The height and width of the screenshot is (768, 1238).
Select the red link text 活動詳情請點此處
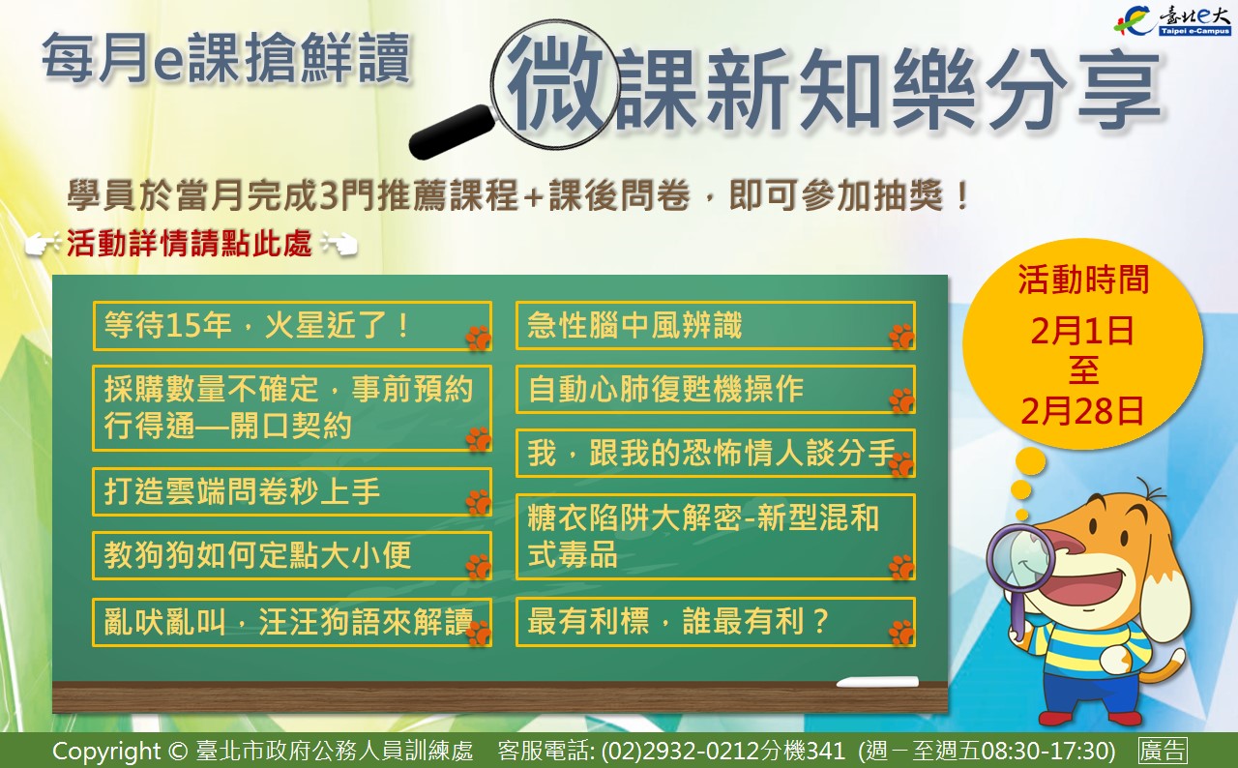(x=190, y=243)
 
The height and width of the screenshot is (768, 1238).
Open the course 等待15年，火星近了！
(x=292, y=325)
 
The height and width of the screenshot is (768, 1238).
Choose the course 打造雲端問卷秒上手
(x=292, y=491)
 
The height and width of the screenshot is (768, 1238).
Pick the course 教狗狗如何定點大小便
(x=292, y=555)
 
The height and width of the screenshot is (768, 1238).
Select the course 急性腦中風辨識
(x=715, y=325)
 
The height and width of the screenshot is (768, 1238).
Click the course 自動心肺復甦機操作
(x=715, y=389)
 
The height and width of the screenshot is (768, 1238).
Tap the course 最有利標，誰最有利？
(x=715, y=622)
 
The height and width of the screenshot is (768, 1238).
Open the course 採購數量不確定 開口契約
(x=292, y=408)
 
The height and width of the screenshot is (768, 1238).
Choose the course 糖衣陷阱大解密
(x=715, y=537)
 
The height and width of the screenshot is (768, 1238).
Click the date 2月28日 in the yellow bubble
(x=1082, y=412)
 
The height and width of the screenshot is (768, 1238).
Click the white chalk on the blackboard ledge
(x=877, y=682)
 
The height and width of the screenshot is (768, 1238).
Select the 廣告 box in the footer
(x=1163, y=751)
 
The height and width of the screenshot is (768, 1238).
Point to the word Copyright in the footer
(x=106, y=752)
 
